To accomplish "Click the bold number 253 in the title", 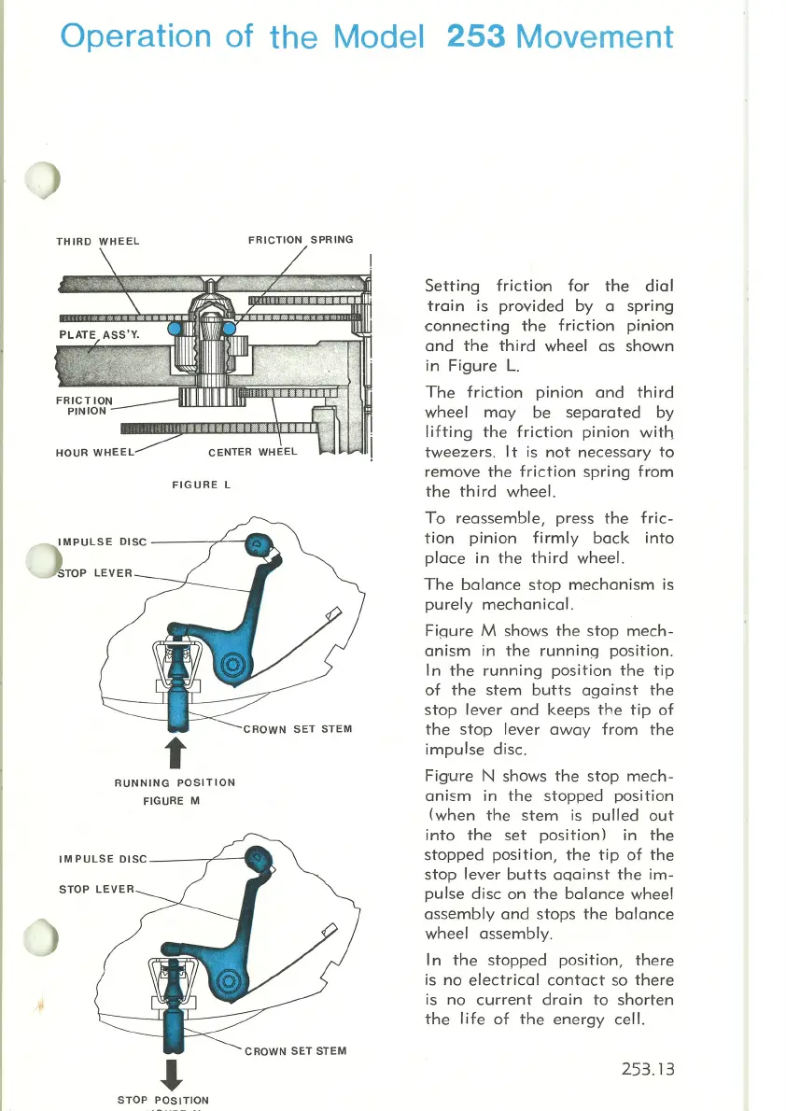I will click(x=476, y=36).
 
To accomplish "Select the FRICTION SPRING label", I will click(x=301, y=240).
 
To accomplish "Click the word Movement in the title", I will click(x=595, y=36).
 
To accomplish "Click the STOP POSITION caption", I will click(x=163, y=1101).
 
